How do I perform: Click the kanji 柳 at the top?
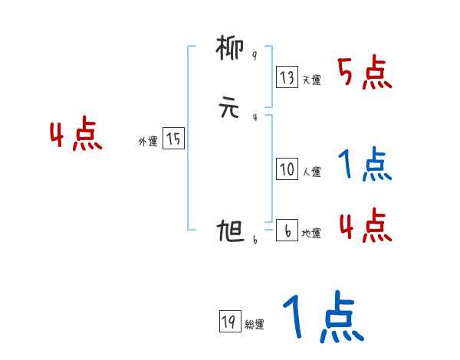click(x=230, y=51)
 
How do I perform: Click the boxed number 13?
click(x=287, y=77)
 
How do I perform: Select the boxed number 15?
click(x=173, y=139)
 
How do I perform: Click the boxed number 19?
click(x=228, y=322)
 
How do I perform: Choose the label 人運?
click(x=311, y=172)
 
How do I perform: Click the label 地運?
click(x=311, y=234)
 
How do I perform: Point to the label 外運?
click(x=148, y=142)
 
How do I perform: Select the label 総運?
click(x=254, y=325)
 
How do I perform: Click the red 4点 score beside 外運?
click(x=76, y=136)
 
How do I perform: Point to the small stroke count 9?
click(x=255, y=56)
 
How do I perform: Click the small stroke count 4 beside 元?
click(x=255, y=116)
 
